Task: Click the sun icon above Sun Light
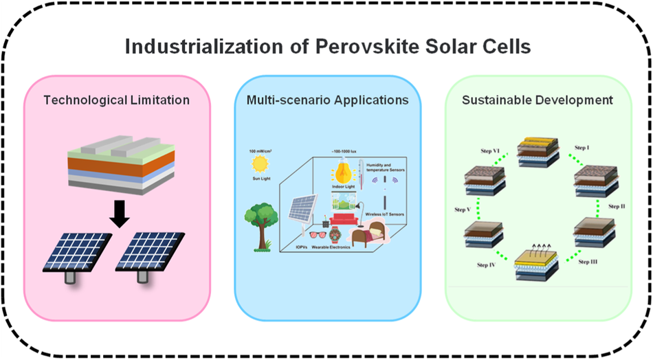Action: (261, 164)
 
